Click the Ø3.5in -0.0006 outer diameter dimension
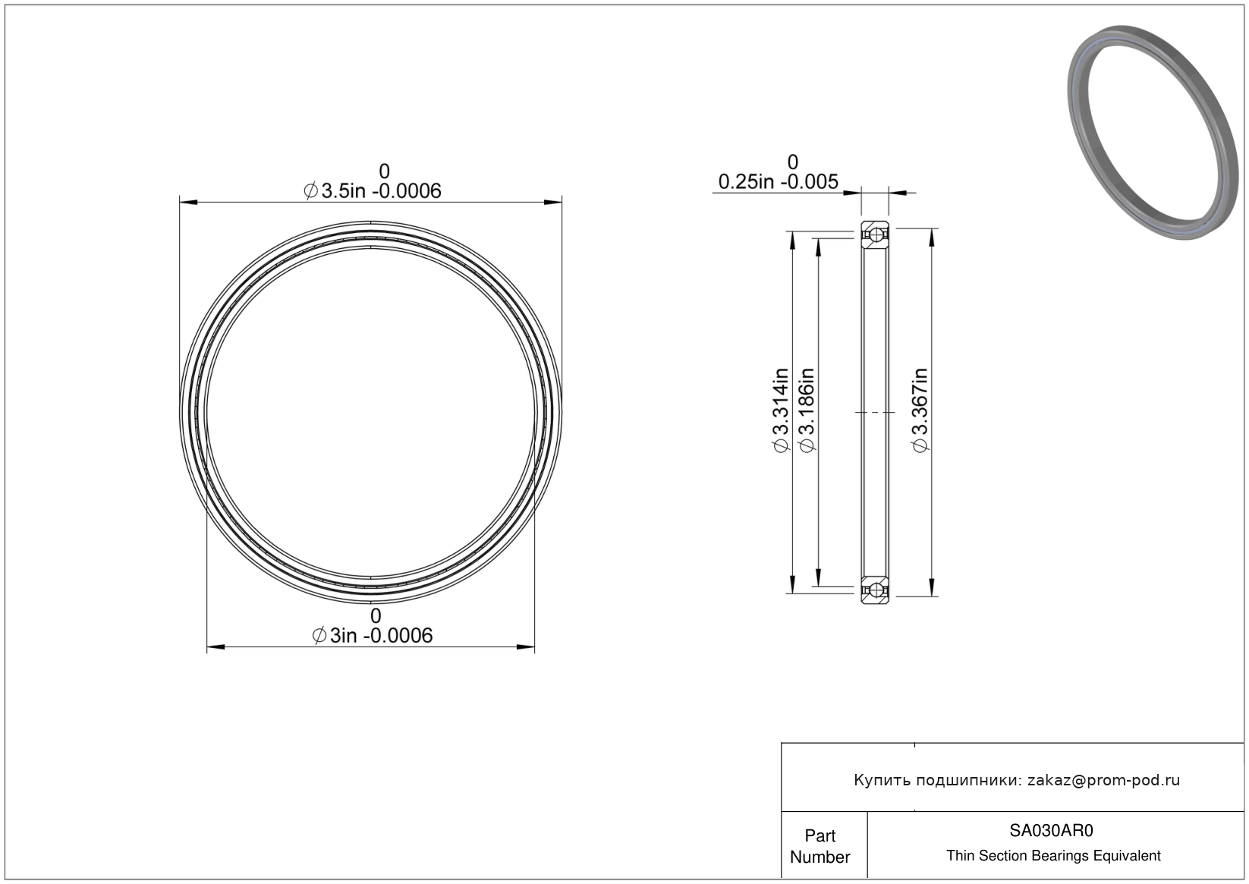(x=372, y=190)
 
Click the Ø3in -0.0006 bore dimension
(x=372, y=635)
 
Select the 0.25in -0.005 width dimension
(x=778, y=182)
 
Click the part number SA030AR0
(x=1051, y=830)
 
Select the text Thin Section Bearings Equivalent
(x=1053, y=856)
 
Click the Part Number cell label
(x=820, y=846)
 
